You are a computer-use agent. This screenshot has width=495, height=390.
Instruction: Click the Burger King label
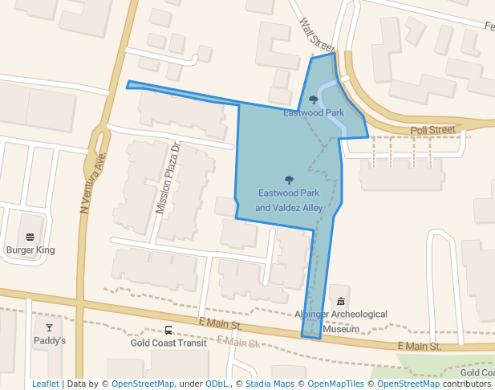[x=30, y=250]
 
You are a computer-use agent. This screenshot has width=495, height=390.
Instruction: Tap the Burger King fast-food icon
[x=30, y=237]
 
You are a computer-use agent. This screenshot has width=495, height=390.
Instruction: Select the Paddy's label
[x=50, y=341]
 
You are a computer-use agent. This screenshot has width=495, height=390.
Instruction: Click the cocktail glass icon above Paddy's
[x=50, y=327]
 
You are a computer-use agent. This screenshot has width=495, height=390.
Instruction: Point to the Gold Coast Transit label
[x=168, y=343]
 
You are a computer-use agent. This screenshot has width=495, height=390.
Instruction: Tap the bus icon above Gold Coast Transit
[x=168, y=330]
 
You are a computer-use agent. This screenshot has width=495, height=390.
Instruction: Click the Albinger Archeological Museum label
[x=340, y=321]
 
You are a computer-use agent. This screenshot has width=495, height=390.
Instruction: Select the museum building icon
[x=341, y=300]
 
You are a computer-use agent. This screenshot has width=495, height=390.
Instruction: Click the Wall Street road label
[x=315, y=35]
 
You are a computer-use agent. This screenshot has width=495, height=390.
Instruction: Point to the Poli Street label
[x=432, y=130]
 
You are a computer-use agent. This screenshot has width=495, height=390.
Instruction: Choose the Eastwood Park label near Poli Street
[x=314, y=113]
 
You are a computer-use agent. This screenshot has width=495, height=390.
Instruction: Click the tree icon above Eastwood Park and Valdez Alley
[x=289, y=180]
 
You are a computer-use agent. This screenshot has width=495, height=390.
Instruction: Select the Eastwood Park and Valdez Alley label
[x=289, y=201]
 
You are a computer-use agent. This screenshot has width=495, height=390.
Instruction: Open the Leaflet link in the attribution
[x=46, y=384]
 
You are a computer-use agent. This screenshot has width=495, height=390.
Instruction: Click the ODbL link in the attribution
[x=216, y=384]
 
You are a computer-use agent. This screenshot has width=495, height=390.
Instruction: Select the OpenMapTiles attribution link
[x=330, y=384]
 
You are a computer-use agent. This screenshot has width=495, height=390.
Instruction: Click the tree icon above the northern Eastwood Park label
[x=313, y=100]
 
